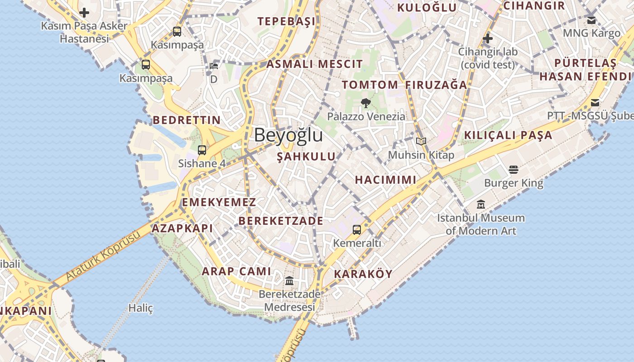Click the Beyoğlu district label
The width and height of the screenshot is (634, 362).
tap(288, 135)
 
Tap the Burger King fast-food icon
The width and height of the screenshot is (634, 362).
tap(513, 170)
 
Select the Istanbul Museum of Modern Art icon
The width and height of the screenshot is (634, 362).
tap(481, 205)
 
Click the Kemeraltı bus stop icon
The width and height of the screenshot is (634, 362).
tap(357, 230)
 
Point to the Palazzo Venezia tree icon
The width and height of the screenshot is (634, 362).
tap(365, 103)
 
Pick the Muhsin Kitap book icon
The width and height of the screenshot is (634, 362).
tap(421, 142)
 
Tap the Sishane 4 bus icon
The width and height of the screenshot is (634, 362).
tap(202, 150)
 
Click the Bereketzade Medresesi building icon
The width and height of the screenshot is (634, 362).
tap(289, 281)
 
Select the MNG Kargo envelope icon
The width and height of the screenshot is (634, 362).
tap(591, 20)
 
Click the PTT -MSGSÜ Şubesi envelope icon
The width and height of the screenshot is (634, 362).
tap(595, 102)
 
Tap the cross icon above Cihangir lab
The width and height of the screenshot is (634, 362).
tap(487, 38)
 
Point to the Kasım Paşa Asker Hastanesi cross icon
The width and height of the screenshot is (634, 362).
tap(84, 13)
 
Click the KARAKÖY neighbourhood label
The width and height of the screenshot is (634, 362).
tap(363, 274)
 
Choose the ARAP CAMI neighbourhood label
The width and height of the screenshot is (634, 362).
tap(236, 271)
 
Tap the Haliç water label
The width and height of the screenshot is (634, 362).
tap(140, 308)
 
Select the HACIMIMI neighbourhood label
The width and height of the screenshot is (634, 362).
tap(385, 180)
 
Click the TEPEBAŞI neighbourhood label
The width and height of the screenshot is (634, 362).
tap(286, 21)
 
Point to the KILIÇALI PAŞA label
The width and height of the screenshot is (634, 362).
tap(508, 135)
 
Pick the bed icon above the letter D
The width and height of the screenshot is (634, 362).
tap(214, 66)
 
